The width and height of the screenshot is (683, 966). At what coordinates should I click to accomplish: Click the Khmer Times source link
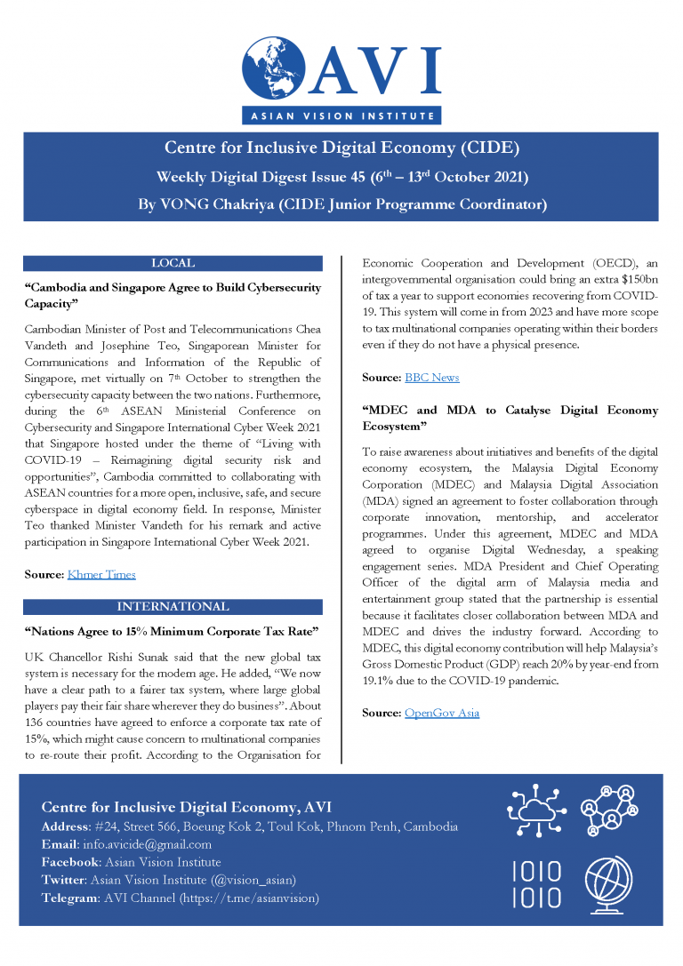pyautogui.click(x=101, y=574)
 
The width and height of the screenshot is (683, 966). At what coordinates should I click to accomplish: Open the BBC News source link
pyautogui.click(x=431, y=378)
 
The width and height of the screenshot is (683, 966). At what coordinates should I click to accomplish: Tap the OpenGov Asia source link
pyautogui.click(x=441, y=713)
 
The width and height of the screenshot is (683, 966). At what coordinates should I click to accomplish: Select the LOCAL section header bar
pyautogui.click(x=173, y=263)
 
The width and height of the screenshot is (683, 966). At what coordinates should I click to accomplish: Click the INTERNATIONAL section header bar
pyautogui.click(x=173, y=607)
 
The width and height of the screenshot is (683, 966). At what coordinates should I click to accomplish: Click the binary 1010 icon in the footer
pyautogui.click(x=536, y=883)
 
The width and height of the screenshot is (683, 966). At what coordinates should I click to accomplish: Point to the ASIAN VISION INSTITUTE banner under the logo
pyautogui.click(x=341, y=116)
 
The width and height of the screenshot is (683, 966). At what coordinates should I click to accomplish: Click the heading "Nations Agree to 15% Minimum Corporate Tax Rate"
pyautogui.click(x=173, y=632)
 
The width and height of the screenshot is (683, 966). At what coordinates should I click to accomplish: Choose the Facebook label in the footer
pyautogui.click(x=71, y=862)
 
